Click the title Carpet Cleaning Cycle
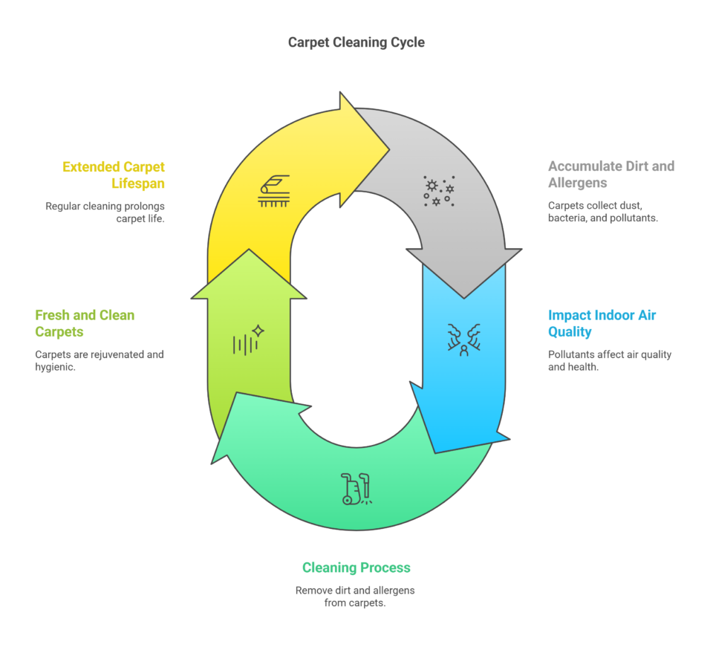click(x=356, y=42)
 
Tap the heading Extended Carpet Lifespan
click(x=113, y=175)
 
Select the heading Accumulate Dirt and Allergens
click(x=611, y=175)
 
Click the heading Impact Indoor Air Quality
click(x=602, y=323)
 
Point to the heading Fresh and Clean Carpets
click(x=85, y=323)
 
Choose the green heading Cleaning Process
click(x=356, y=568)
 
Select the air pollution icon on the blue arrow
click(x=463, y=338)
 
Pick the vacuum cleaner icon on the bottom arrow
click(x=356, y=489)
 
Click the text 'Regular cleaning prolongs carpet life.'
click(x=105, y=212)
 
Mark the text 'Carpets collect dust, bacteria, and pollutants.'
click(x=603, y=212)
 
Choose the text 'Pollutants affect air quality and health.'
click(x=609, y=360)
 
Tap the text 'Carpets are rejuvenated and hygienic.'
click(x=100, y=360)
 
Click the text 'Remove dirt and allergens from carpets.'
click(x=355, y=596)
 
